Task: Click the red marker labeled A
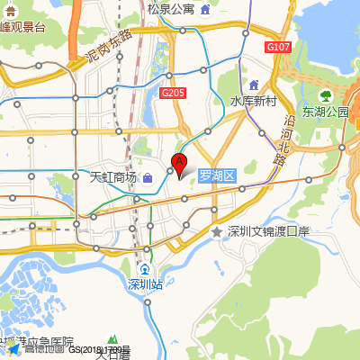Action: click(178, 166)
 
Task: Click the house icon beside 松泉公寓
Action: click(206, 10)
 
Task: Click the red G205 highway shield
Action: click(173, 92)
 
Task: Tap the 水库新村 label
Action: click(252, 102)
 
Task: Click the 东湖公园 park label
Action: click(325, 112)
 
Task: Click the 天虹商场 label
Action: click(113, 177)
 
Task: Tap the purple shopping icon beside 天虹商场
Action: click(148, 177)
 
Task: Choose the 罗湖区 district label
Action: click(216, 176)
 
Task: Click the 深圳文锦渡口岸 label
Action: click(268, 232)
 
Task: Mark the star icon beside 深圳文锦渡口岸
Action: click(216, 232)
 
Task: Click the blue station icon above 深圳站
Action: click(145, 269)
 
